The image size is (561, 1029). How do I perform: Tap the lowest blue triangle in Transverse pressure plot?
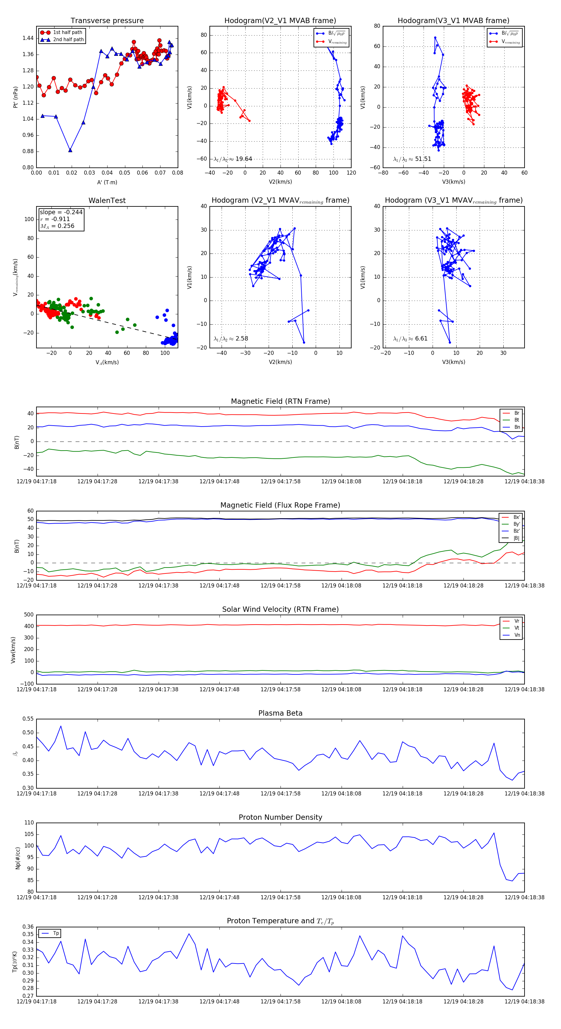tap(70, 150)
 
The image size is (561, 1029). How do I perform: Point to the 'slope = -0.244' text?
tap(61, 212)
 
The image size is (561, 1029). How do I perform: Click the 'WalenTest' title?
tap(107, 200)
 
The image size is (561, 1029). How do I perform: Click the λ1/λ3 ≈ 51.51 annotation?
tap(412, 159)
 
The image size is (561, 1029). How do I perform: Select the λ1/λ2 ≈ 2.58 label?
tap(231, 339)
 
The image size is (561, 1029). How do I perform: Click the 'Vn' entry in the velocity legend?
tap(517, 635)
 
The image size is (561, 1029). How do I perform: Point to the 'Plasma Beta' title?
tap(280, 713)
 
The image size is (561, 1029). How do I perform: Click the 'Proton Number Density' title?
tap(280, 817)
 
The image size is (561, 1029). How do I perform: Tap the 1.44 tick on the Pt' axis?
tap(28, 38)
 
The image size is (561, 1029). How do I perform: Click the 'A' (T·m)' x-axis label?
tap(107, 182)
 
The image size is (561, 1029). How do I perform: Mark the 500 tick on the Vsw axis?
tap(29, 615)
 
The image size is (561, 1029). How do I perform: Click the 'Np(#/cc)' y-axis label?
tap(17, 858)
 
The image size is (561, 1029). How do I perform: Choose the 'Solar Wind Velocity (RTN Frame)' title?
tap(280, 610)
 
